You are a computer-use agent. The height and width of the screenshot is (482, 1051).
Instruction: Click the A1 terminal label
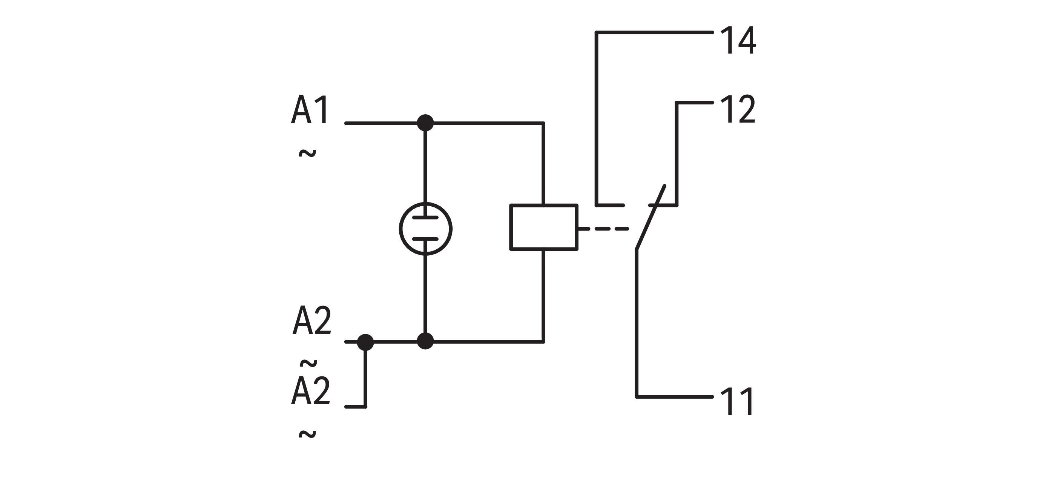coord(310,110)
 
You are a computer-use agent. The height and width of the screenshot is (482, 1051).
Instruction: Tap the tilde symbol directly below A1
coord(307,154)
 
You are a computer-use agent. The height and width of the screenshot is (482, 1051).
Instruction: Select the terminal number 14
coord(738,41)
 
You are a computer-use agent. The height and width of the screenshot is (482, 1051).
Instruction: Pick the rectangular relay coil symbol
coord(544,227)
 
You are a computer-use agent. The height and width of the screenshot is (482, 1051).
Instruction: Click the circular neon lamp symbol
coord(425,229)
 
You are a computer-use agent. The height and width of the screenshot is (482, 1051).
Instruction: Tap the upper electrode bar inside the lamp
coord(425,218)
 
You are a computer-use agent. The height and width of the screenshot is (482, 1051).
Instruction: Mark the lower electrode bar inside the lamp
coord(425,239)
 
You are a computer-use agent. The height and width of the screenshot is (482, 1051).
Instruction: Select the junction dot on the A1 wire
coord(425,123)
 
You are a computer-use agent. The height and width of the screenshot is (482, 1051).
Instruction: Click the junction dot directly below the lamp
coord(425,341)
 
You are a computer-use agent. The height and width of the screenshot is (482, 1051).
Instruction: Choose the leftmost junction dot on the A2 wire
coord(365,342)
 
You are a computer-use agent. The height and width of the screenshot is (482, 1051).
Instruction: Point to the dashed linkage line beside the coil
coord(604,229)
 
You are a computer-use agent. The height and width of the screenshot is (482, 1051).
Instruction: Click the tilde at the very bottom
coord(307,434)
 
